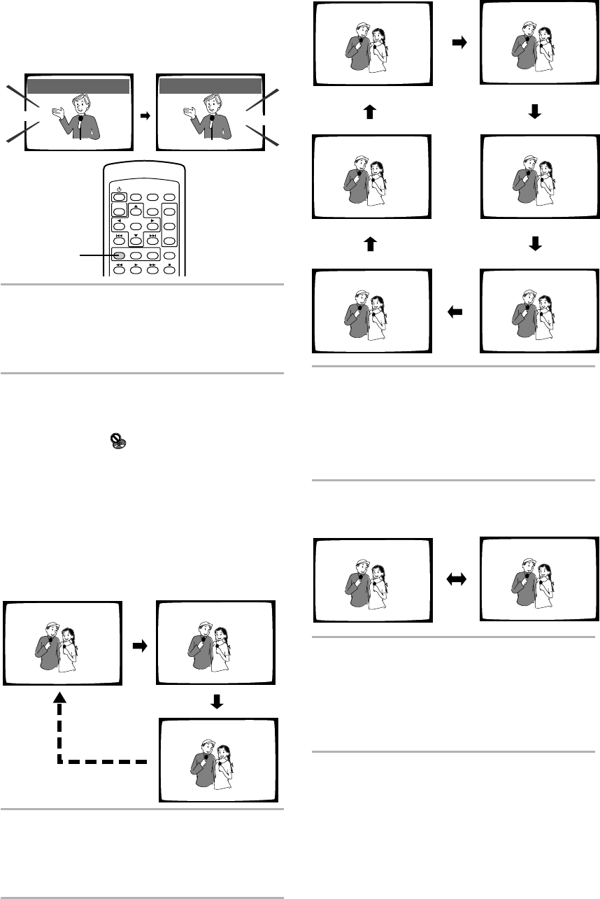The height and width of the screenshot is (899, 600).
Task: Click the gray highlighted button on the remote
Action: (x=120, y=256)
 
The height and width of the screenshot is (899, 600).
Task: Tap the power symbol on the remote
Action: (x=119, y=188)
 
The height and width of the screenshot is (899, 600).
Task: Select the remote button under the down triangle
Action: (x=136, y=241)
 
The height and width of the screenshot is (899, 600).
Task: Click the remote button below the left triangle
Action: (x=119, y=226)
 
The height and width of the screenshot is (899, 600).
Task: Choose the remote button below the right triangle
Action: (x=152, y=226)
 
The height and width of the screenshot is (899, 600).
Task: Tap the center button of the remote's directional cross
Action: (x=136, y=226)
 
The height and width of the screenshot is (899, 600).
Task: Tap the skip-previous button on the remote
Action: (x=120, y=241)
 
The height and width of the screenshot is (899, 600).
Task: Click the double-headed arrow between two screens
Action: (x=457, y=580)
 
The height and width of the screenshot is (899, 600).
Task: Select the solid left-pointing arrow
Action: (x=456, y=315)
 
